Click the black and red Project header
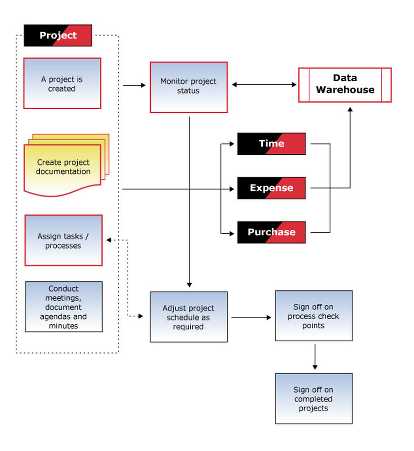[x=58, y=36]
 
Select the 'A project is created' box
[x=62, y=84]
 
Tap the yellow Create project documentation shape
[x=66, y=166]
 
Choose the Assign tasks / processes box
[x=63, y=240]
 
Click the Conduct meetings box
[x=64, y=307]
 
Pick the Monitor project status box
[x=189, y=87]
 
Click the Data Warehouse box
[x=345, y=85]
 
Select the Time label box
[x=271, y=144]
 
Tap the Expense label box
[x=271, y=188]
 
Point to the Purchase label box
[x=271, y=233]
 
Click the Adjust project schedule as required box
[x=189, y=317]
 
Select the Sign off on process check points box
[x=313, y=316]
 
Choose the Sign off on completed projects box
[x=313, y=398]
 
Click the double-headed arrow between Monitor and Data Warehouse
[x=264, y=84]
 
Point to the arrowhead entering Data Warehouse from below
[x=350, y=109]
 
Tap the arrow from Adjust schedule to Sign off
[x=251, y=317]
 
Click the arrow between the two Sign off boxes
[x=315, y=357]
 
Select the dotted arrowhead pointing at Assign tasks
[x=109, y=240]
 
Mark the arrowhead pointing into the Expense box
[x=232, y=189]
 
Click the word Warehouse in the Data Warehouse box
[x=345, y=90]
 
